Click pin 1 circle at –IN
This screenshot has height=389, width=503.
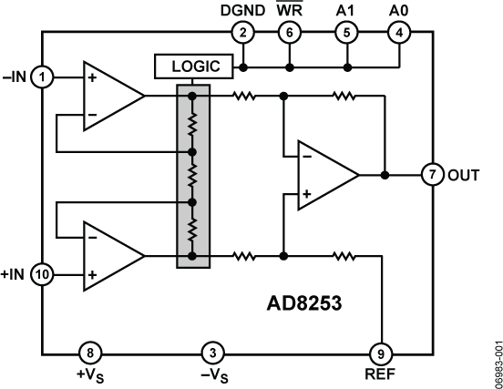42,77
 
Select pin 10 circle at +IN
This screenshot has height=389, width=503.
42,273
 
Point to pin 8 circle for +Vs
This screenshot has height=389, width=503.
87,352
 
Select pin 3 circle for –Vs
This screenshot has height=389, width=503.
211,352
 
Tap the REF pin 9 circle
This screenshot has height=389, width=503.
381,352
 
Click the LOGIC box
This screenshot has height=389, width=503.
193,67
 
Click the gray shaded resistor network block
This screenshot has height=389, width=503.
192,176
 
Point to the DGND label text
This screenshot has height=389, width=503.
241,10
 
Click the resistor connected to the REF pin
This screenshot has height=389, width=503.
344,257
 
